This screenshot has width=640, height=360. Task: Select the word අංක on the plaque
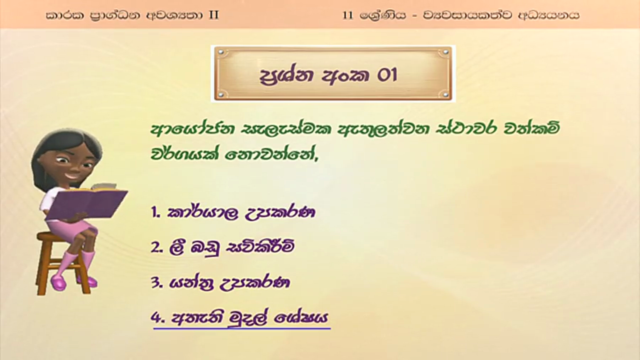pos(345,75)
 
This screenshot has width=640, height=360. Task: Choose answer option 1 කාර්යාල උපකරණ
pos(233,212)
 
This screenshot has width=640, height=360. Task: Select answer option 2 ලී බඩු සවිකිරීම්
pos(222,247)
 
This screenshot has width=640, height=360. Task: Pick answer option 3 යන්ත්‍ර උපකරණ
pos(220,283)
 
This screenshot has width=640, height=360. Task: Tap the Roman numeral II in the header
pos(213,15)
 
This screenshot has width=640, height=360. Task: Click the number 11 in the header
pos(347,15)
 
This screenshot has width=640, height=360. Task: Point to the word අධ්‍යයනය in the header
pos(548,15)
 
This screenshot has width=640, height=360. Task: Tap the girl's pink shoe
pos(58,282)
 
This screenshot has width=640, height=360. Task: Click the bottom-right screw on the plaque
pos(445,93)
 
